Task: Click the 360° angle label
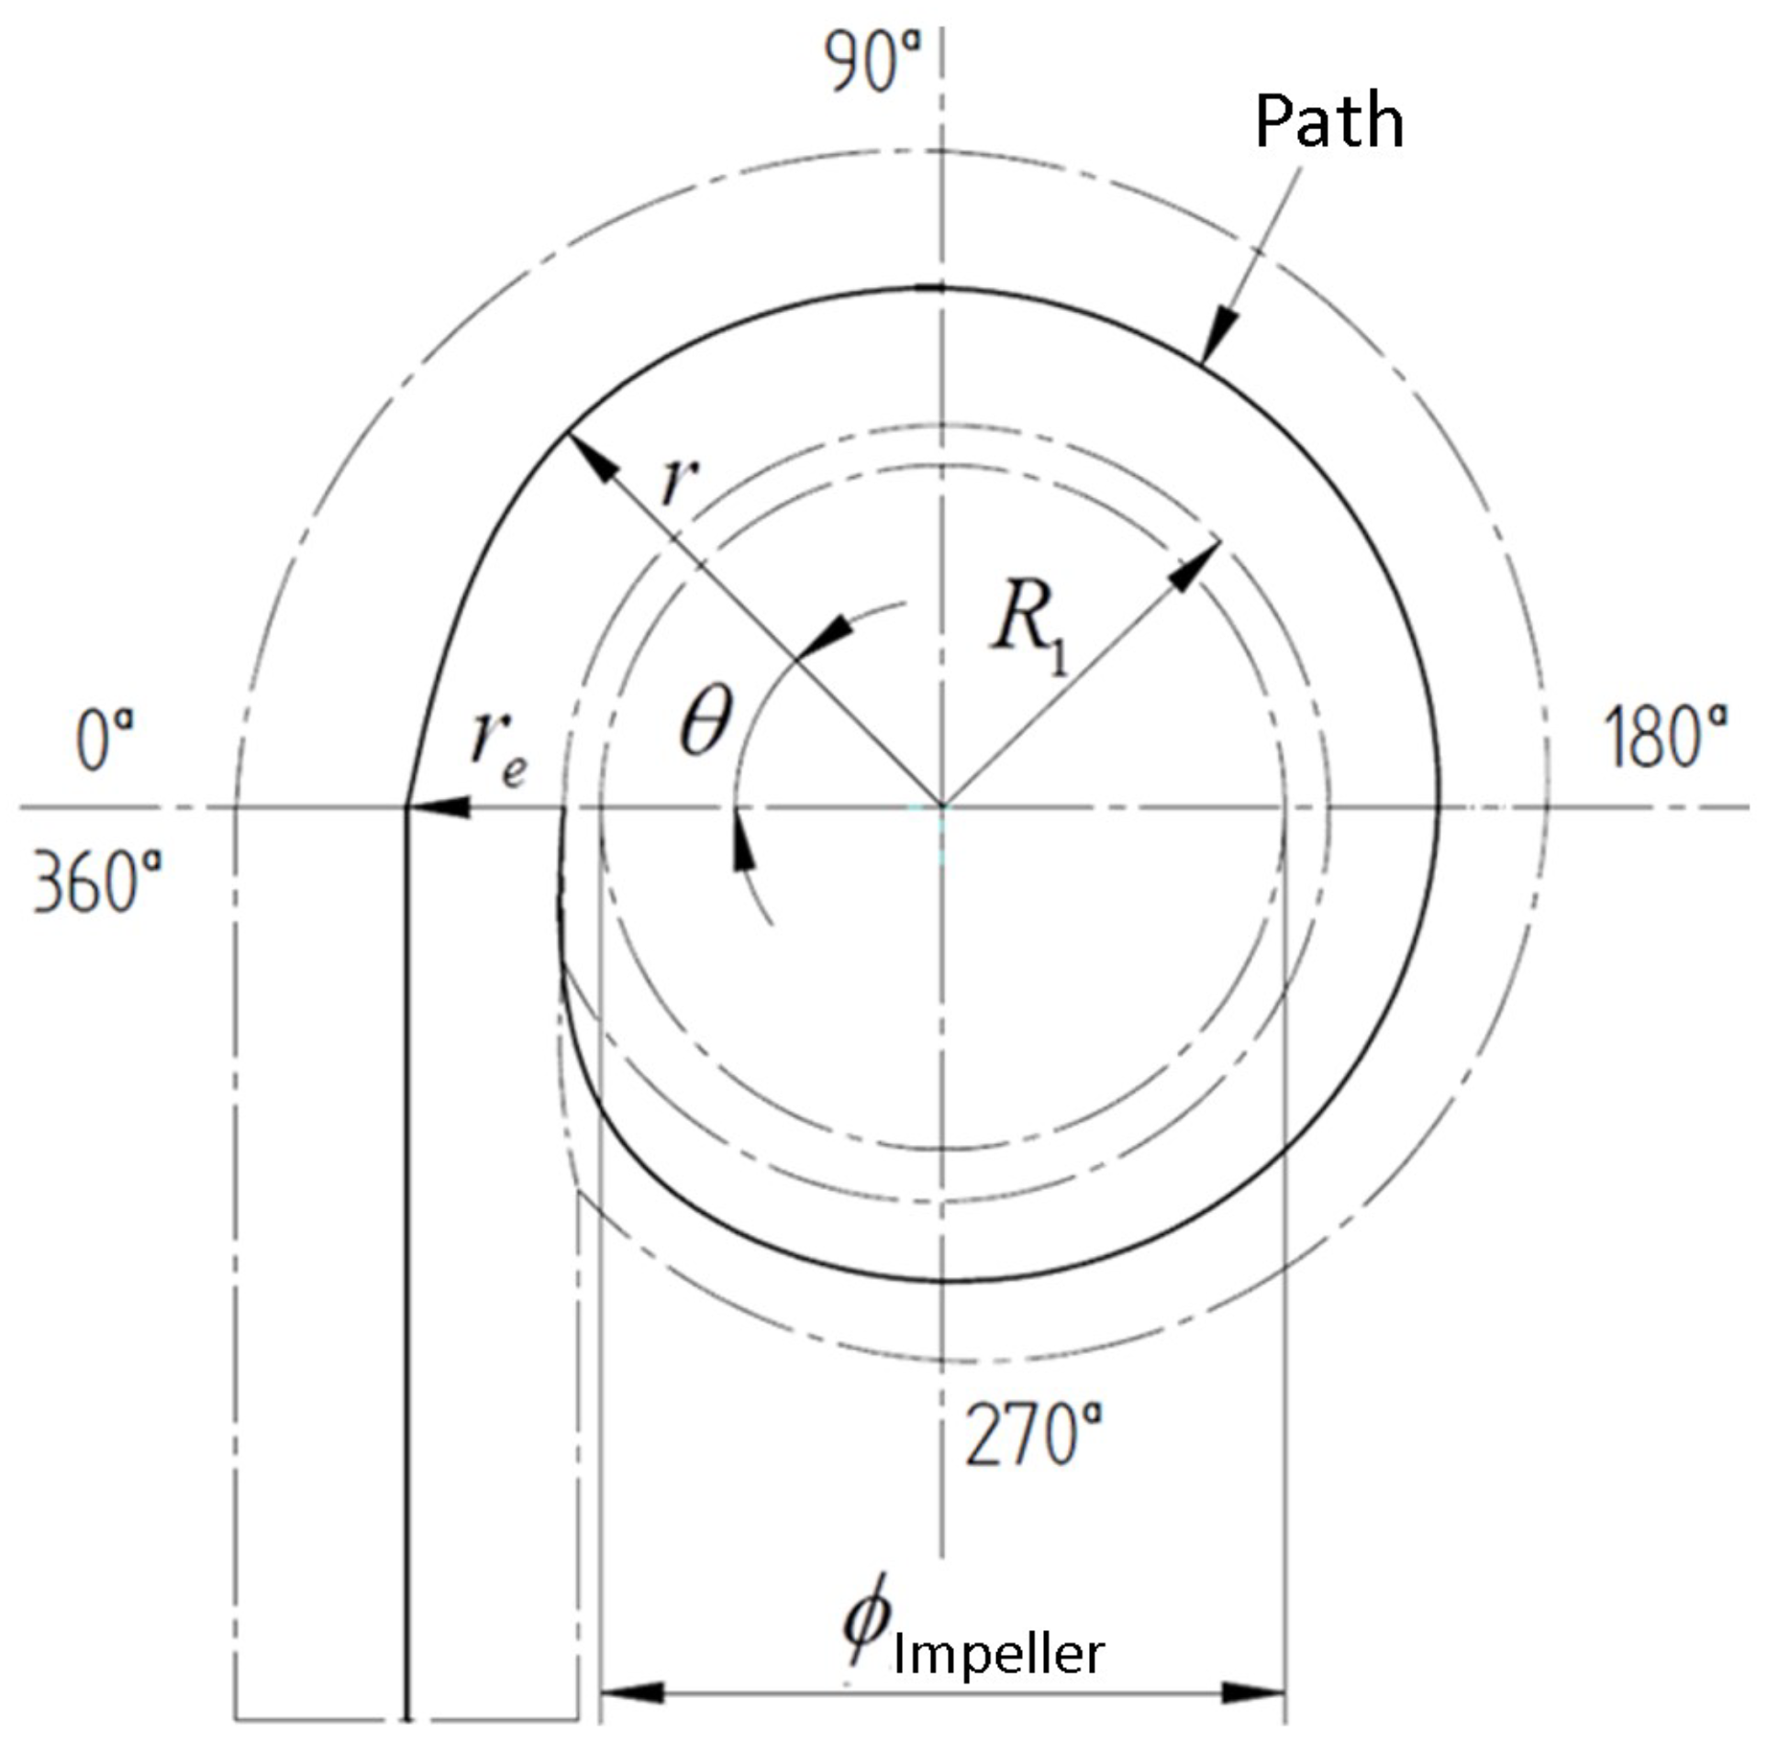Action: click(97, 881)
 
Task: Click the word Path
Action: click(1328, 121)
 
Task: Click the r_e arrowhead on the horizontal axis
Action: click(440, 807)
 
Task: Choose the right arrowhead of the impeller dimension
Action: click(1253, 1693)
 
